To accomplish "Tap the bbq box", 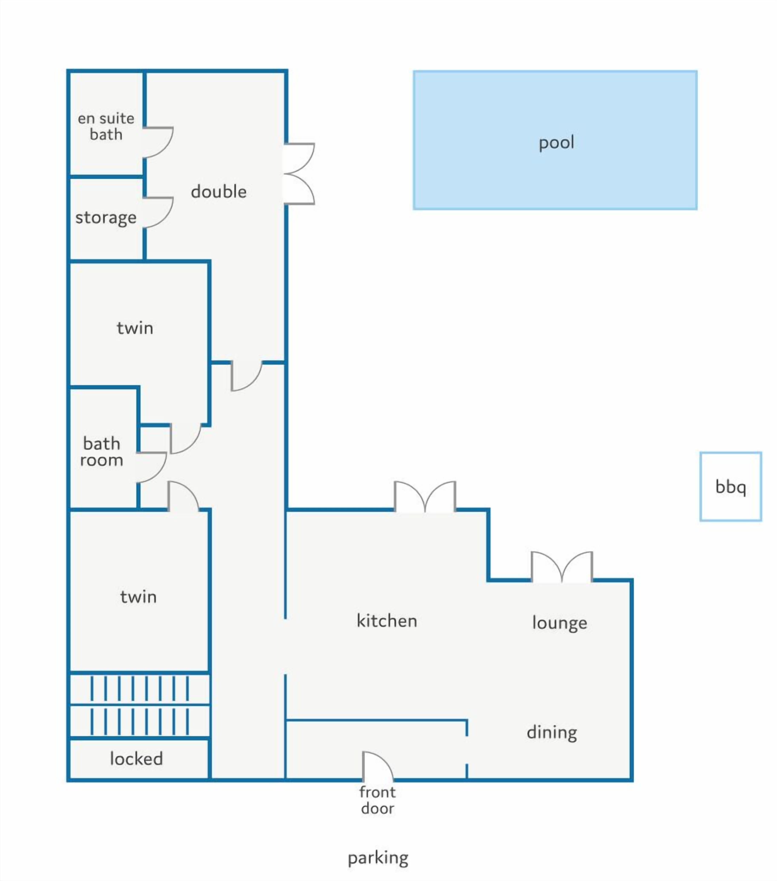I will [730, 487].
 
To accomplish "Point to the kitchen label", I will [387, 621].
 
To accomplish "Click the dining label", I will [552, 732].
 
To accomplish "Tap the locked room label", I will [136, 759].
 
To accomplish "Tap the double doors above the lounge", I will [561, 567].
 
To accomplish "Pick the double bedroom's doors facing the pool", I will [299, 174].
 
